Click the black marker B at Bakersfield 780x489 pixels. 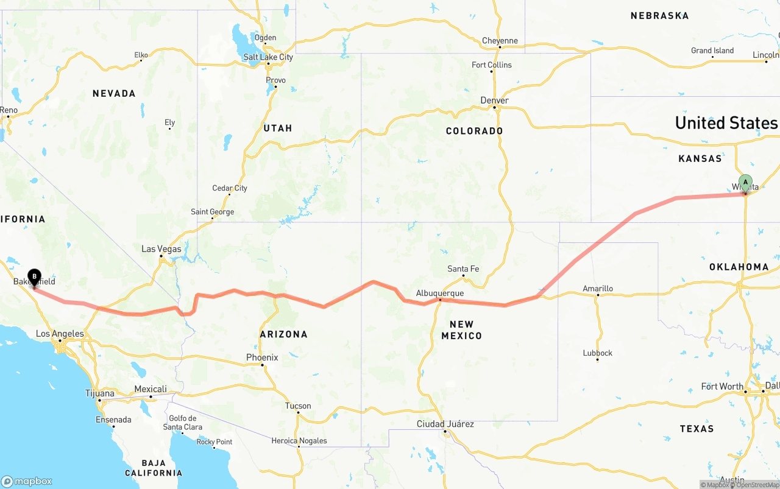(x=34, y=278)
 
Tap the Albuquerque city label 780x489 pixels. (x=440, y=293)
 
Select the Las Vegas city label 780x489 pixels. (x=161, y=248)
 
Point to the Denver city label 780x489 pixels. (x=494, y=100)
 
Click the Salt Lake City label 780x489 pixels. (x=268, y=57)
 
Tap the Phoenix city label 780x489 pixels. (x=262, y=357)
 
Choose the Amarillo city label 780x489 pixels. (x=598, y=289)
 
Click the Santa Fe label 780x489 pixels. (x=463, y=269)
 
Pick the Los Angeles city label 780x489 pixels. (x=60, y=334)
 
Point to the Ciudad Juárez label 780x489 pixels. (x=445, y=424)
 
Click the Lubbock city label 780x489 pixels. (x=597, y=353)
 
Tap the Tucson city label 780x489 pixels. (x=298, y=406)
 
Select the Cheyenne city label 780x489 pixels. (x=500, y=41)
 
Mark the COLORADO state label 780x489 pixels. (x=474, y=131)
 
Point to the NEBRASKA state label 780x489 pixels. (x=659, y=15)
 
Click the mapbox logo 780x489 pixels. (x=27, y=481)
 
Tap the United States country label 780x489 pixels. (x=726, y=123)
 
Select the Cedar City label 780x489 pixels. (x=230, y=188)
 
